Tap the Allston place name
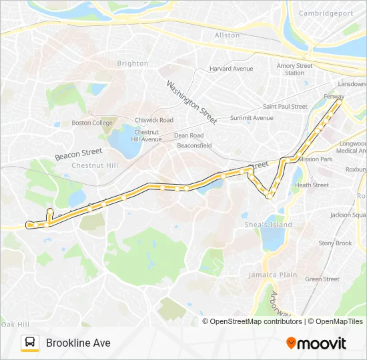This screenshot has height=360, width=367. tap(227, 35)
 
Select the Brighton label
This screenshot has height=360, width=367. tap(133, 63)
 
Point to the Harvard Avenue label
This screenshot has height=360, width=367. tap(232, 69)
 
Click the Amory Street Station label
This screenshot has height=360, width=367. tap(294, 69)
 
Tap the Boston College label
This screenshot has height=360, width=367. tap(92, 123)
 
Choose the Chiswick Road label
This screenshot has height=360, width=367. tap(153, 120)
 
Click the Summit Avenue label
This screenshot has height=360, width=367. tap(252, 118)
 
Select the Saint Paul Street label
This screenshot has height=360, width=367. tap(285, 107)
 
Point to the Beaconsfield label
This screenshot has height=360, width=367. tap(194, 145)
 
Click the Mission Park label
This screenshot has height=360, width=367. tap(315, 159)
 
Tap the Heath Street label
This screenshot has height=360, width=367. tap(312, 185)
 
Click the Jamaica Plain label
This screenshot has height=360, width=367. tap(272, 275)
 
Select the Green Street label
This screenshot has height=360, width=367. tap(322, 279)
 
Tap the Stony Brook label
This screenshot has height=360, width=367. tap(335, 243)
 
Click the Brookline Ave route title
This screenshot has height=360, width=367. tap(78, 343)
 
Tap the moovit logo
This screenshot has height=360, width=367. tap(316, 343)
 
